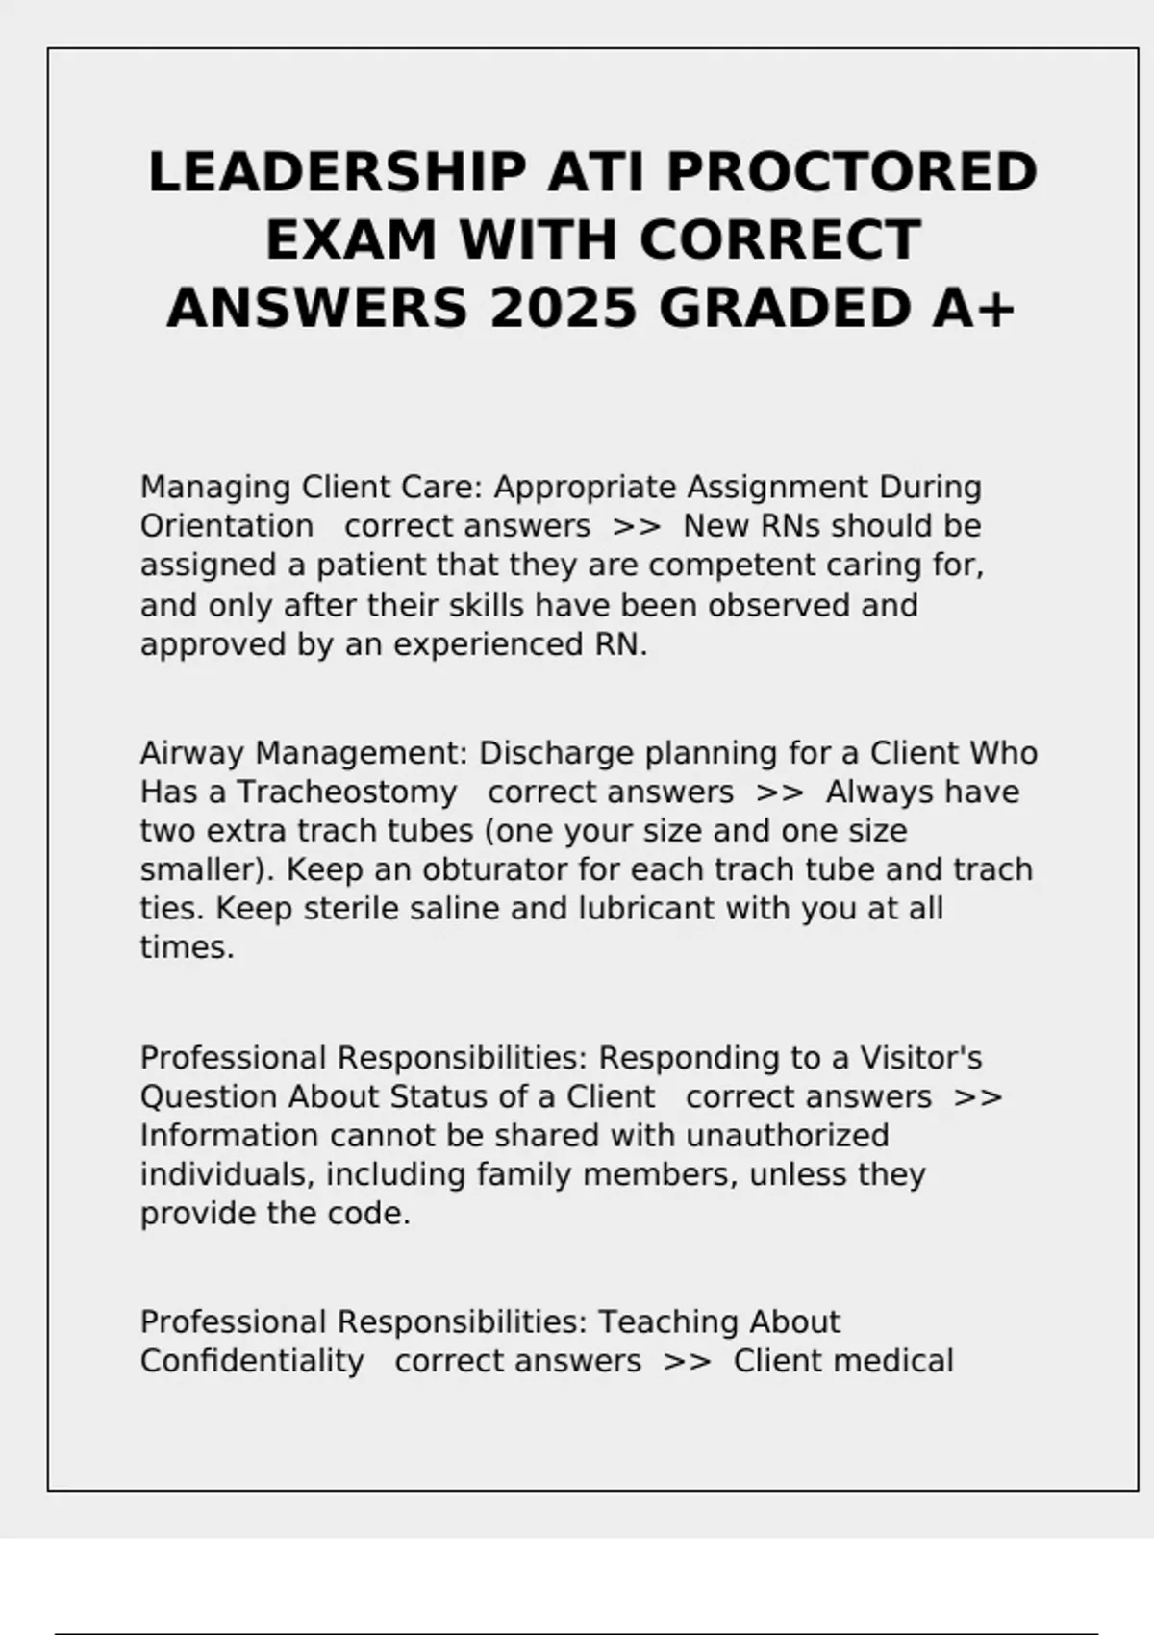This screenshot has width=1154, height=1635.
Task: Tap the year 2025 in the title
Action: pyautogui.click(x=564, y=309)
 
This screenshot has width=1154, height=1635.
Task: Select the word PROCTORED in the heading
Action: pyautogui.click(x=851, y=173)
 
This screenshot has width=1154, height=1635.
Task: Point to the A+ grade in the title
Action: pyautogui.click(x=972, y=309)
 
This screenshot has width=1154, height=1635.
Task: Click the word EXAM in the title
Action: pyautogui.click(x=351, y=240)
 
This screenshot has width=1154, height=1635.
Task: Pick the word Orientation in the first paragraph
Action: pyautogui.click(x=227, y=526)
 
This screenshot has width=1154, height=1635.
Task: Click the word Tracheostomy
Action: pyautogui.click(x=346, y=792)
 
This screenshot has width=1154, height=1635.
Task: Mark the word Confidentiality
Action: pyautogui.click(x=252, y=1362)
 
